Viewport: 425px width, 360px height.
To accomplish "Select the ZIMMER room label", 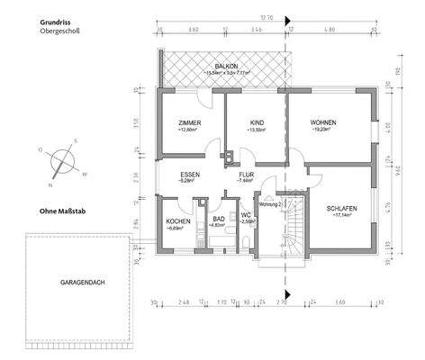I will point(189,123).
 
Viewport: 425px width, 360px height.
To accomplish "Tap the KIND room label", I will point(257,123).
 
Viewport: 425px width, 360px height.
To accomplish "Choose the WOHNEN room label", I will point(323,123).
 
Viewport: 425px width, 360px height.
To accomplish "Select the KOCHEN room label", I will point(177,221).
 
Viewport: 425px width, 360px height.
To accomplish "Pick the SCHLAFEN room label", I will point(342,208).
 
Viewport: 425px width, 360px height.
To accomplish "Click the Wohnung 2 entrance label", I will point(270,203).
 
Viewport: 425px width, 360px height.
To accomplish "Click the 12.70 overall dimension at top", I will point(267,17).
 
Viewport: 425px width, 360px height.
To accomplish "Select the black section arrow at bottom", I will point(287,292).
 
